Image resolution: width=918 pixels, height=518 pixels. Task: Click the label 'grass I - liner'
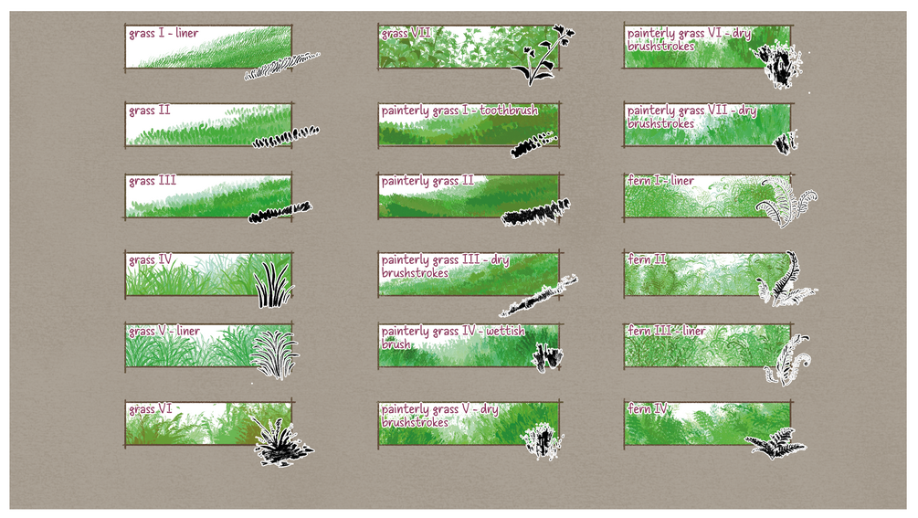[164, 34]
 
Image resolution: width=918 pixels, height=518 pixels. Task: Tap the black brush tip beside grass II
[286, 137]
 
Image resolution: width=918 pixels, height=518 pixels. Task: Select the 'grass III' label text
[153, 181]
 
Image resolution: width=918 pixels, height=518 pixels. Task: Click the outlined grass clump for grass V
[274, 354]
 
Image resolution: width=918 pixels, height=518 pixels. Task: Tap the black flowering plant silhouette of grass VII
[542, 56]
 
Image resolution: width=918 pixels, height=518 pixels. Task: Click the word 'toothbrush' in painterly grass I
[508, 111]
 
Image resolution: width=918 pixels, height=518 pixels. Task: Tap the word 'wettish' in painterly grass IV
[505, 332]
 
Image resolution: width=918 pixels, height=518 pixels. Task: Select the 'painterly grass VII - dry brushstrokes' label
[691, 116]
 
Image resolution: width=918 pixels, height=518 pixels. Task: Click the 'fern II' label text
[647, 259]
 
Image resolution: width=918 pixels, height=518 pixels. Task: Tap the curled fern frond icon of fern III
[786, 359]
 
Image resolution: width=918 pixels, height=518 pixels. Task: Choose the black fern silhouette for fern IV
[776, 443]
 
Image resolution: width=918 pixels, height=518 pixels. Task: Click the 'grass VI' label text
[151, 409]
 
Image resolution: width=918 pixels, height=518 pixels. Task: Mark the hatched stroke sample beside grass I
[281, 66]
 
